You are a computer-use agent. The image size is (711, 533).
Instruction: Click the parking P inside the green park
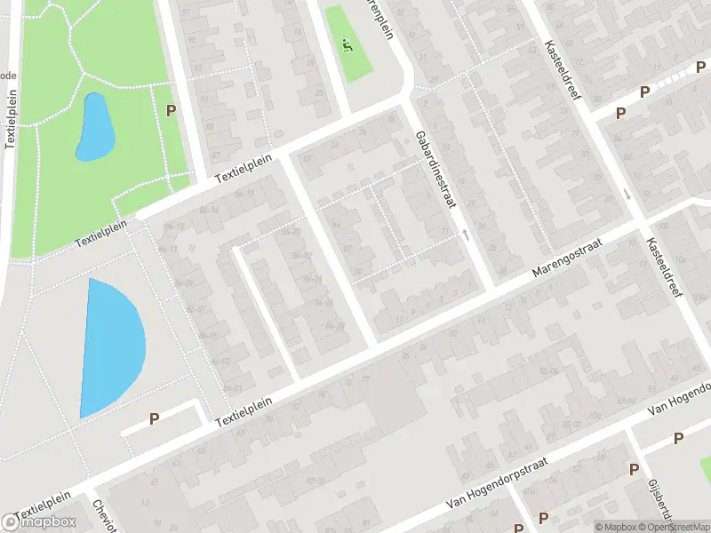171,110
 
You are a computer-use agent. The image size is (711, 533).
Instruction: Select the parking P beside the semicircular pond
154,418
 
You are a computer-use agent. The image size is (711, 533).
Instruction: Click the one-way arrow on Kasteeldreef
627,194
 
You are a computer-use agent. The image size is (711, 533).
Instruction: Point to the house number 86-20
291,232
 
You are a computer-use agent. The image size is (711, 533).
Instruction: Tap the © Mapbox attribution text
617,527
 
